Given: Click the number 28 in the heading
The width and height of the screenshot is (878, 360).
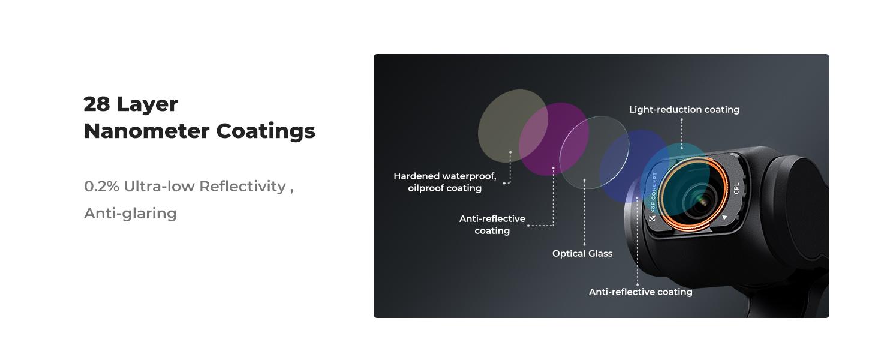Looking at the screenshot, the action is pyautogui.click(x=97, y=104).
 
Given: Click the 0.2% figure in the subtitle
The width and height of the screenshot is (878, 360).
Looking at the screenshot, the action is pyautogui.click(x=101, y=186).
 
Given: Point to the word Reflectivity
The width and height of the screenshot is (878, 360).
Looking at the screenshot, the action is pyautogui.click(x=243, y=187).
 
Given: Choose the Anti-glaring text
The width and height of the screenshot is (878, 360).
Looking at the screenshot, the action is pyautogui.click(x=131, y=214).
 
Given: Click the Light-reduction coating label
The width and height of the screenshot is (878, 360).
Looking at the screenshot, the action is pyautogui.click(x=684, y=109).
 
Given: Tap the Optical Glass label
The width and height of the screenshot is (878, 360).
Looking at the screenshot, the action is pyautogui.click(x=582, y=253).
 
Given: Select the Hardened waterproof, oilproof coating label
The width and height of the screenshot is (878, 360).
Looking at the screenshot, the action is pyautogui.click(x=445, y=182).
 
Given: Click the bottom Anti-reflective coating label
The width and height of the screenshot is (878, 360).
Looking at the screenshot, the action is pyautogui.click(x=641, y=292).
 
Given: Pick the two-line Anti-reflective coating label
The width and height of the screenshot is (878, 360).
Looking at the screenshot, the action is pyautogui.click(x=492, y=224).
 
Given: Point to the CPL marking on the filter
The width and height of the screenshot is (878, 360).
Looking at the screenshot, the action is pyautogui.click(x=736, y=188).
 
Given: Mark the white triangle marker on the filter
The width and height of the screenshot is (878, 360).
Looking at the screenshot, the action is pyautogui.click(x=724, y=217).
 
